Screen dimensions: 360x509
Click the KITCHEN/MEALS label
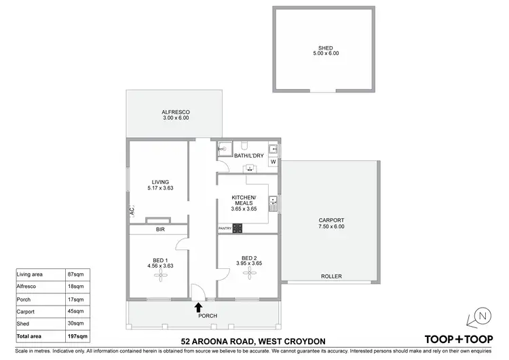tap(244, 199)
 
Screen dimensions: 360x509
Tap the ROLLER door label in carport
tap(332, 276)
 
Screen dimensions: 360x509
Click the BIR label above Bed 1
tap(160, 230)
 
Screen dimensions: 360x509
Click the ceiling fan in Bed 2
tap(250, 272)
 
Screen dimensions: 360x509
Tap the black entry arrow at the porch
tap(198, 307)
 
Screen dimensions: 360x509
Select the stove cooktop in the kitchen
tap(238, 229)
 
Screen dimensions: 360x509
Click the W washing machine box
tap(273, 162)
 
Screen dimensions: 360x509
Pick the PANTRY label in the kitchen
tap(225, 229)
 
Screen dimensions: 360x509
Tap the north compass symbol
tap(482, 316)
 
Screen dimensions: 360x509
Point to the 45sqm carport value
tap(77, 312)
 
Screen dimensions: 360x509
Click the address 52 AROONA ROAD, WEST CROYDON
tap(254, 340)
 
